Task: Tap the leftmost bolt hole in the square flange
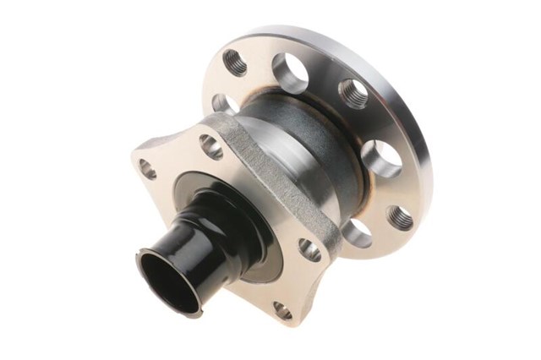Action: pos(149,169)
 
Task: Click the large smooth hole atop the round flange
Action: pos(292,73)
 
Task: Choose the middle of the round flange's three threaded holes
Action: pos(354,94)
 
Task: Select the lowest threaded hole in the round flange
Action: pos(401,218)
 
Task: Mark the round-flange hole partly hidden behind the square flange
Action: pos(222,104)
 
